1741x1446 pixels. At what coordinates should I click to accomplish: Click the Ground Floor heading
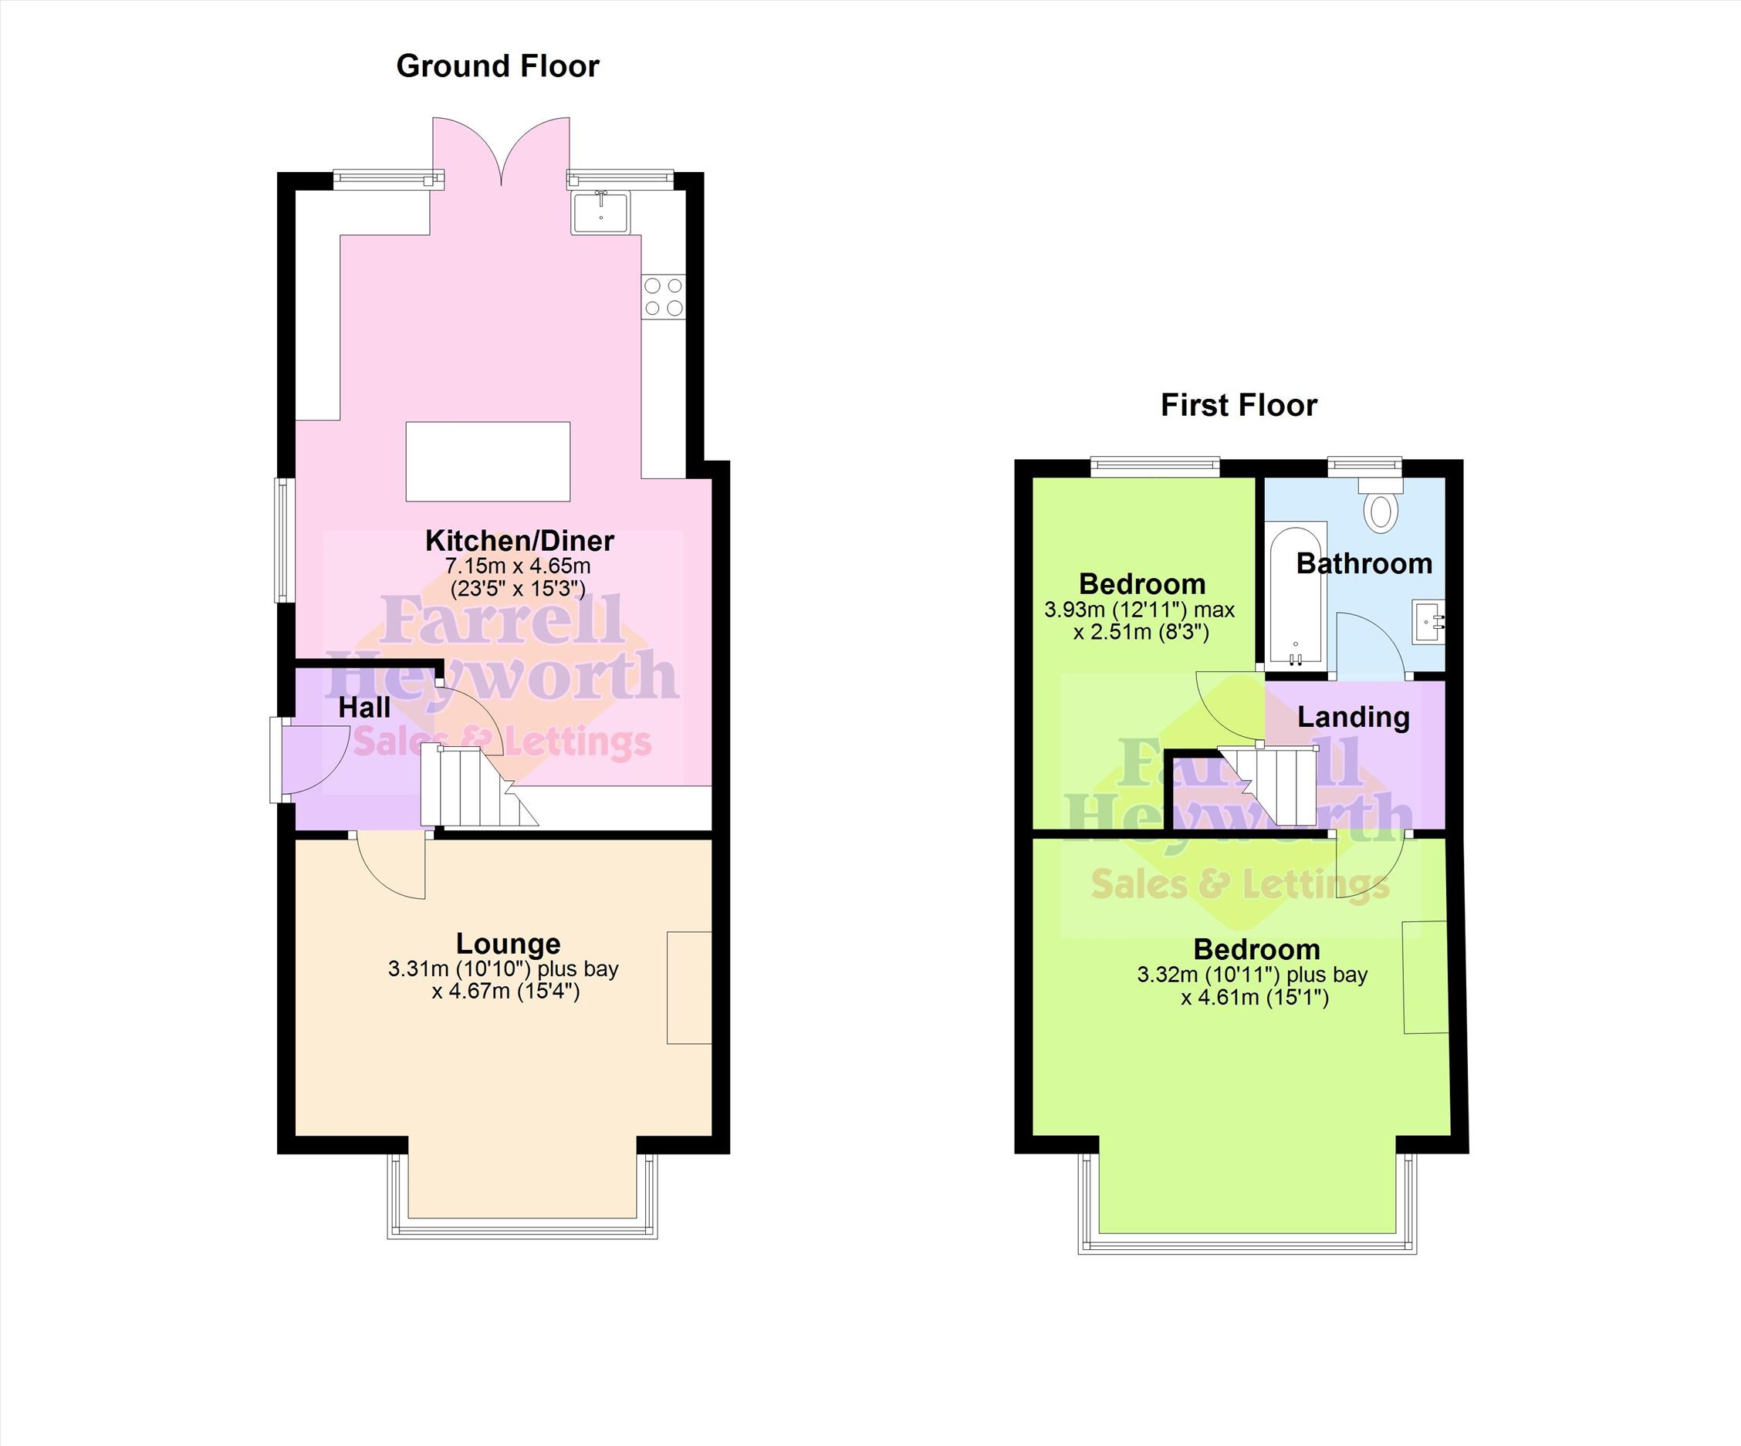coord(498,66)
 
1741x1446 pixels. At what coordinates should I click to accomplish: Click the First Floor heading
coord(1239,405)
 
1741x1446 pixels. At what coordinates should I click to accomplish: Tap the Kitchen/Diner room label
coord(520,541)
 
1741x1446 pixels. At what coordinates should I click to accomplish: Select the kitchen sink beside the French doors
coord(601,211)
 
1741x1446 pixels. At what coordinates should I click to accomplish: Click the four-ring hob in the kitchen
coord(663,297)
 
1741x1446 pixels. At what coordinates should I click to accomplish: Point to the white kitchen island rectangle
coord(488,462)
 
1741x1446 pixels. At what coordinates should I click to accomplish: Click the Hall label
coord(364,708)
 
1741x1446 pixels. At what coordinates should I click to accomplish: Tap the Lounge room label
coord(509,944)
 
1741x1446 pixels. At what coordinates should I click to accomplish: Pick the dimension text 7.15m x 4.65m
coord(518,566)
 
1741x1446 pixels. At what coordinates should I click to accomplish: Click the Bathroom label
coord(1364,564)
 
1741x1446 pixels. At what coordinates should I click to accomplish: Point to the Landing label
coord(1353,717)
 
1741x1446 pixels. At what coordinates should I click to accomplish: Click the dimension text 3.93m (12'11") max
coord(1139,610)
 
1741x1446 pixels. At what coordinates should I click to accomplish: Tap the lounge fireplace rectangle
coord(690,988)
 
